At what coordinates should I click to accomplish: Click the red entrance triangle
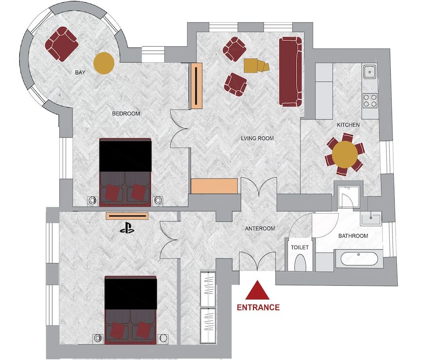coord(257,291)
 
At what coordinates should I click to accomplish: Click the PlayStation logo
coord(126,228)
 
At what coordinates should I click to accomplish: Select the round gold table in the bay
coord(104,62)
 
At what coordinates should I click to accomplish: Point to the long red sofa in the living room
coord(290,71)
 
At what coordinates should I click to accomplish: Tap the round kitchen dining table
coord(345,153)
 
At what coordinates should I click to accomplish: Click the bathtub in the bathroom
coord(357,258)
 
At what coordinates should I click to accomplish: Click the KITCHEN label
coord(348,125)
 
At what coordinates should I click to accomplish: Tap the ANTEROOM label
coord(260,229)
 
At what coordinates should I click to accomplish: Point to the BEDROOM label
coord(126,113)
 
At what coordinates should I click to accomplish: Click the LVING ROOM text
coord(257,138)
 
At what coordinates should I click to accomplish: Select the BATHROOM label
coord(353,236)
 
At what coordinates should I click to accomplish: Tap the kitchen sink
coord(370,70)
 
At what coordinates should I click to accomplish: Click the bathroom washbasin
coord(371,217)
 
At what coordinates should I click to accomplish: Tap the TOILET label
coord(300,247)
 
